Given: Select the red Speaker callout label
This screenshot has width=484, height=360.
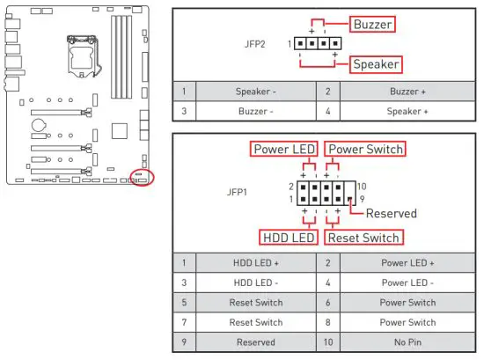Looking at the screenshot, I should (376, 64).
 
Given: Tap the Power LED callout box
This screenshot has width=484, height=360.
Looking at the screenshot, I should (284, 149).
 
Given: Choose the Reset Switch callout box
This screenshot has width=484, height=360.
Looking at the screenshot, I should (363, 237).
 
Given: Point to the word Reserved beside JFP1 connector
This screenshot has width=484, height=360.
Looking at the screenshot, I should (391, 213).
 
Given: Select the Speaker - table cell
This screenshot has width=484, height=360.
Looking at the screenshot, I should (256, 91).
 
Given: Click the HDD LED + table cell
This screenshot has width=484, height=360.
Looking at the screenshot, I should (256, 262).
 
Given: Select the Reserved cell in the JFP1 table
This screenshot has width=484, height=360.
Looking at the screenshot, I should (256, 342).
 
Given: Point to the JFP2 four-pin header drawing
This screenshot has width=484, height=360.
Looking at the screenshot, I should (317, 43).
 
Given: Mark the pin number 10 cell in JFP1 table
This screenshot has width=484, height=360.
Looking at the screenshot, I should (328, 342).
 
